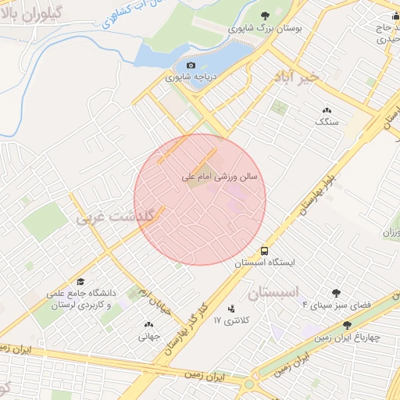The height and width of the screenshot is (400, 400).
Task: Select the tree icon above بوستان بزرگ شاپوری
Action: coord(264,15)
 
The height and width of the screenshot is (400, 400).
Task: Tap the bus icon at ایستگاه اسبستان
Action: coord(265,252)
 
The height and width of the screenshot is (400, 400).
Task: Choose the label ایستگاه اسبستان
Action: coord(265,265)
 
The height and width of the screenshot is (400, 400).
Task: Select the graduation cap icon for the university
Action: coord(81,281)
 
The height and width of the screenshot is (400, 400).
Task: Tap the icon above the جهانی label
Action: coord(148,324)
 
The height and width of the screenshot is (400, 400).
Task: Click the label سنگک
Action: coord(325,123)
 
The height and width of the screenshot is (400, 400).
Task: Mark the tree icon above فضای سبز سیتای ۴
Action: coord(336,293)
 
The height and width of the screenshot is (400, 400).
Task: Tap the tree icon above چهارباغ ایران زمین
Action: coord(347,325)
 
